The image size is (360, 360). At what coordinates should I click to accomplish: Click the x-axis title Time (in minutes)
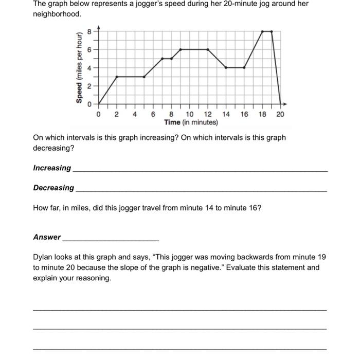click(x=191, y=123)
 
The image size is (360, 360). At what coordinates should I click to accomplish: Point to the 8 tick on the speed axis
click(x=89, y=32)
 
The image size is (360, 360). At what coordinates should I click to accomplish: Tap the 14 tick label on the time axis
click(x=226, y=114)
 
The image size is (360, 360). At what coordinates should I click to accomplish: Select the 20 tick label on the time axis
click(x=280, y=114)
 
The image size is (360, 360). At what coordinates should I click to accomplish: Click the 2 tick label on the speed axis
click(x=89, y=86)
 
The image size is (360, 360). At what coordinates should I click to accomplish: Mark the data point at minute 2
click(x=117, y=77)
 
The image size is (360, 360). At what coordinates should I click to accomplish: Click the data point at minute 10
click(x=181, y=49)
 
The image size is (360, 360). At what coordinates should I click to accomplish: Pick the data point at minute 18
click(x=262, y=31)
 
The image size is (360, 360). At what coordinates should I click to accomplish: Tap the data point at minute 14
click(x=226, y=67)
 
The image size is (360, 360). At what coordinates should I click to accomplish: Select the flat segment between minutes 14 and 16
click(x=235, y=67)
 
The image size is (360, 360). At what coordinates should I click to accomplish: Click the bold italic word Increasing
click(x=52, y=168)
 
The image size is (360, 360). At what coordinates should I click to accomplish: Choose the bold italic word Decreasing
click(x=53, y=188)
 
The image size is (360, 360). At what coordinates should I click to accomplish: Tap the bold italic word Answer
click(x=47, y=237)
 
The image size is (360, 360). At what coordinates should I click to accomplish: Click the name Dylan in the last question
click(x=43, y=257)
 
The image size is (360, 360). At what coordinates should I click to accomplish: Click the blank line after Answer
click(x=110, y=240)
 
